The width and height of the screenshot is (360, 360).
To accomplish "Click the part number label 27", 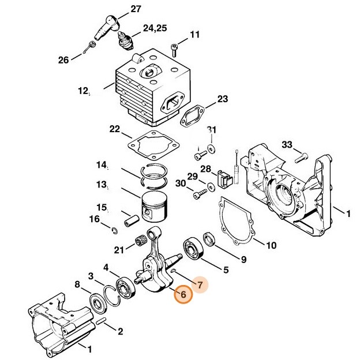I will click(136, 9).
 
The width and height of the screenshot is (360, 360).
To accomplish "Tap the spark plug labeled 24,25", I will click(124, 40).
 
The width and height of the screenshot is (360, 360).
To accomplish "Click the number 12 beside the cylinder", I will click(82, 91).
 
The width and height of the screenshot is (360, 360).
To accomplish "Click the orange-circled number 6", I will click(182, 294).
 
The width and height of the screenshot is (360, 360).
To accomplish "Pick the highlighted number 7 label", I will click(199, 284).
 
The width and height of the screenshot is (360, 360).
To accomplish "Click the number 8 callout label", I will click(77, 284).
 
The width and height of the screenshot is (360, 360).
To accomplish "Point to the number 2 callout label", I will click(120, 331).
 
